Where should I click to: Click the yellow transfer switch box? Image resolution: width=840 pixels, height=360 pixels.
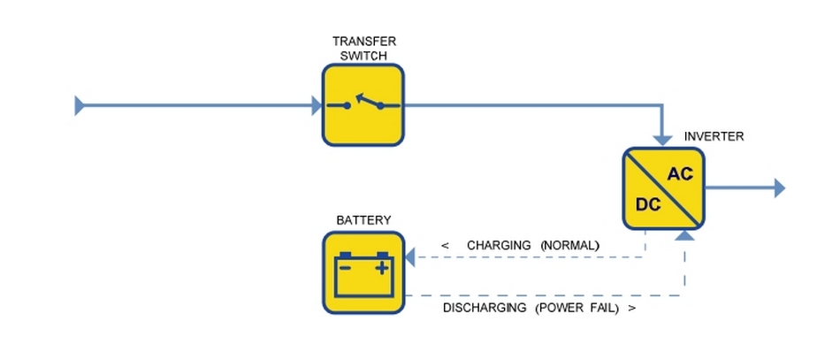[x=363, y=105]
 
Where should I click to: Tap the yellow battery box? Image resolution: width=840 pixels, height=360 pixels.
[x=363, y=272]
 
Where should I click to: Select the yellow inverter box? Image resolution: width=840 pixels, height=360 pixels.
[x=663, y=188]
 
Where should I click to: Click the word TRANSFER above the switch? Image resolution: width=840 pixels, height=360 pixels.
[x=363, y=42]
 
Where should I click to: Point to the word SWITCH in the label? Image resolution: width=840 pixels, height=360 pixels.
[x=363, y=55]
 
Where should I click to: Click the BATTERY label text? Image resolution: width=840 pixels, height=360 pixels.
[x=363, y=219]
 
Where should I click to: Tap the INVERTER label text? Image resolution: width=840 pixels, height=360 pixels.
[x=714, y=137]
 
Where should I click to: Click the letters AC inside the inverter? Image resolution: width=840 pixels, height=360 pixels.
[x=680, y=174]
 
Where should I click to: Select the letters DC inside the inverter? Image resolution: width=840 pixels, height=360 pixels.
[x=648, y=204]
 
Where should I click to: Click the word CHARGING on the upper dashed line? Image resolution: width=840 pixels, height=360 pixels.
[x=499, y=245]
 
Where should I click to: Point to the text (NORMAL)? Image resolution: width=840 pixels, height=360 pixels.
[x=570, y=245]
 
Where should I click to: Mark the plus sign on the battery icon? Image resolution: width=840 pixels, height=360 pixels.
[x=382, y=266]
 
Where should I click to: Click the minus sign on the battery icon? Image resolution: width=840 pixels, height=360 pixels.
[x=346, y=266]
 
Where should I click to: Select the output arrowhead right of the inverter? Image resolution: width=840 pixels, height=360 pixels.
[x=779, y=188]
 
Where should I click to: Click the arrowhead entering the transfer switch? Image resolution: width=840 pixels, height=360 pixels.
[x=317, y=106]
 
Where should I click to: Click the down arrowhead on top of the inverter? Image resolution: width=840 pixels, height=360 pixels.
[x=663, y=139]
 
